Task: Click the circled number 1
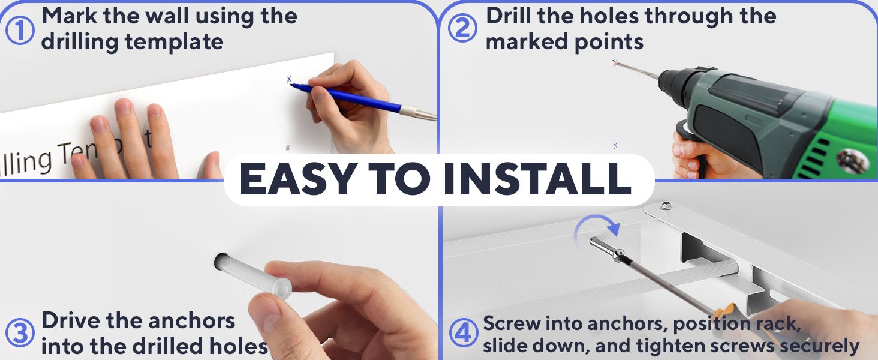coord(20,29)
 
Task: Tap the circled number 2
coord(462,29)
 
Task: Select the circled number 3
coord(20,333)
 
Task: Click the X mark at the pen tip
coord(289,79)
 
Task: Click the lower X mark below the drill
coord(615,145)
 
